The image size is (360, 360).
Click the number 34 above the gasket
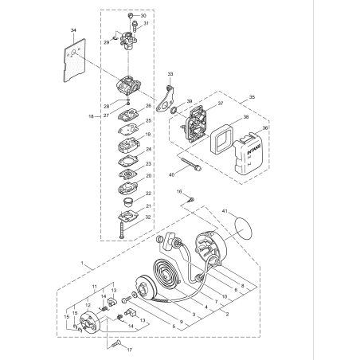73,29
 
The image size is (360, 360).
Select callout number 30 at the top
143,16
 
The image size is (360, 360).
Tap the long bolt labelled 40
194,169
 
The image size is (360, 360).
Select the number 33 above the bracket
170,74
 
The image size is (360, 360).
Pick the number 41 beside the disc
226,212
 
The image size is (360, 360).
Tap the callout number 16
180,191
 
